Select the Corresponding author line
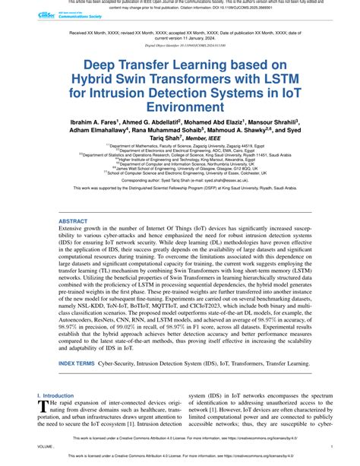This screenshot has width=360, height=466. (x=180, y=201)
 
